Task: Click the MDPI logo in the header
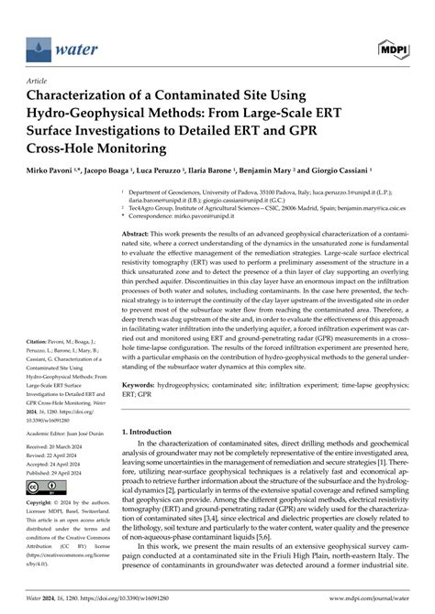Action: [x=401, y=47]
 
